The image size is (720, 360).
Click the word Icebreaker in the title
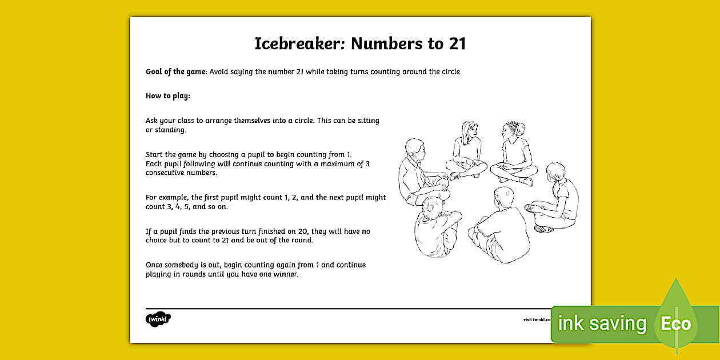[298, 44]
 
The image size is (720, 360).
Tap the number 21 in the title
[457, 44]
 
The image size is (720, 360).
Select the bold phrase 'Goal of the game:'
[177, 72]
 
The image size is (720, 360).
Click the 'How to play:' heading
[167, 96]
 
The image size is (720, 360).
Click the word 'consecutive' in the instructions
[165, 173]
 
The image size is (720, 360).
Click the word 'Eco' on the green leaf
[676, 324]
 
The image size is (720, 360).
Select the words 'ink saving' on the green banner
[602, 324]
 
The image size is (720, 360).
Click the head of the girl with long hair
[469, 130]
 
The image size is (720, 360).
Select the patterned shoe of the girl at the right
[543, 229]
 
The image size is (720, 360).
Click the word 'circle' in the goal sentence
[448, 72]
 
